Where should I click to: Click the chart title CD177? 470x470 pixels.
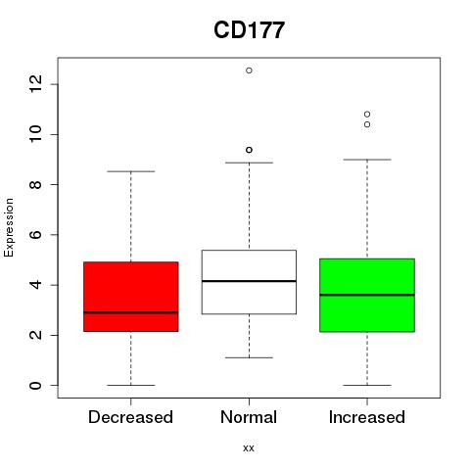[249, 30]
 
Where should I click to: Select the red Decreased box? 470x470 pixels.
[131, 297]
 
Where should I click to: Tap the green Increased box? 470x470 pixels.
[367, 295]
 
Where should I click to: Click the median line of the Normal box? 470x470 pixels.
[249, 281]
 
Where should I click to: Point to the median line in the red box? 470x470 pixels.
[131, 312]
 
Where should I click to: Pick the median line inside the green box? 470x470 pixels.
[367, 295]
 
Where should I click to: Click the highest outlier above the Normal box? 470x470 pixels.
[249, 70]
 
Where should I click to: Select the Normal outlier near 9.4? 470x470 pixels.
[249, 150]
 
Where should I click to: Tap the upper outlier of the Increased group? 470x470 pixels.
[367, 114]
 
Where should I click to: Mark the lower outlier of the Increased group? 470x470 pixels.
[367, 124]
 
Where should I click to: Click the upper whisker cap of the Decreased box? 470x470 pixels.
[131, 171]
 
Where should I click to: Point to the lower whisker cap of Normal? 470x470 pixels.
[249, 357]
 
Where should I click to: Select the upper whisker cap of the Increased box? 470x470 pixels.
[367, 160]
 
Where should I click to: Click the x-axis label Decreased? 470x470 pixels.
[130, 417]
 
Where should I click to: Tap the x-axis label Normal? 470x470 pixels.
[249, 417]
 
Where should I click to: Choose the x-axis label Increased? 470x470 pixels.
[367, 417]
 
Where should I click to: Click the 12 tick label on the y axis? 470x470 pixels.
[35, 84]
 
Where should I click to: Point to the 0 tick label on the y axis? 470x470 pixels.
[35, 385]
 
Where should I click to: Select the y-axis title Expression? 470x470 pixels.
[9, 227]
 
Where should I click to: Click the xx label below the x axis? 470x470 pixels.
[249, 448]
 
